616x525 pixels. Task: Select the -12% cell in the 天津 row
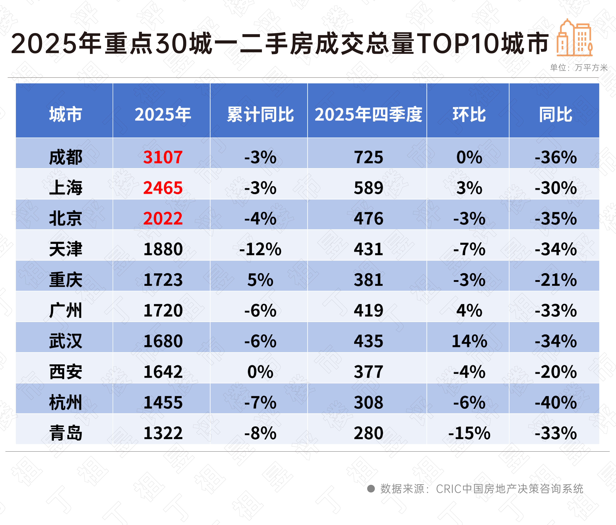click(260, 249)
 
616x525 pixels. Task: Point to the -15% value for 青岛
click(469, 433)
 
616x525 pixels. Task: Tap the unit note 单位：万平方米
click(579, 68)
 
